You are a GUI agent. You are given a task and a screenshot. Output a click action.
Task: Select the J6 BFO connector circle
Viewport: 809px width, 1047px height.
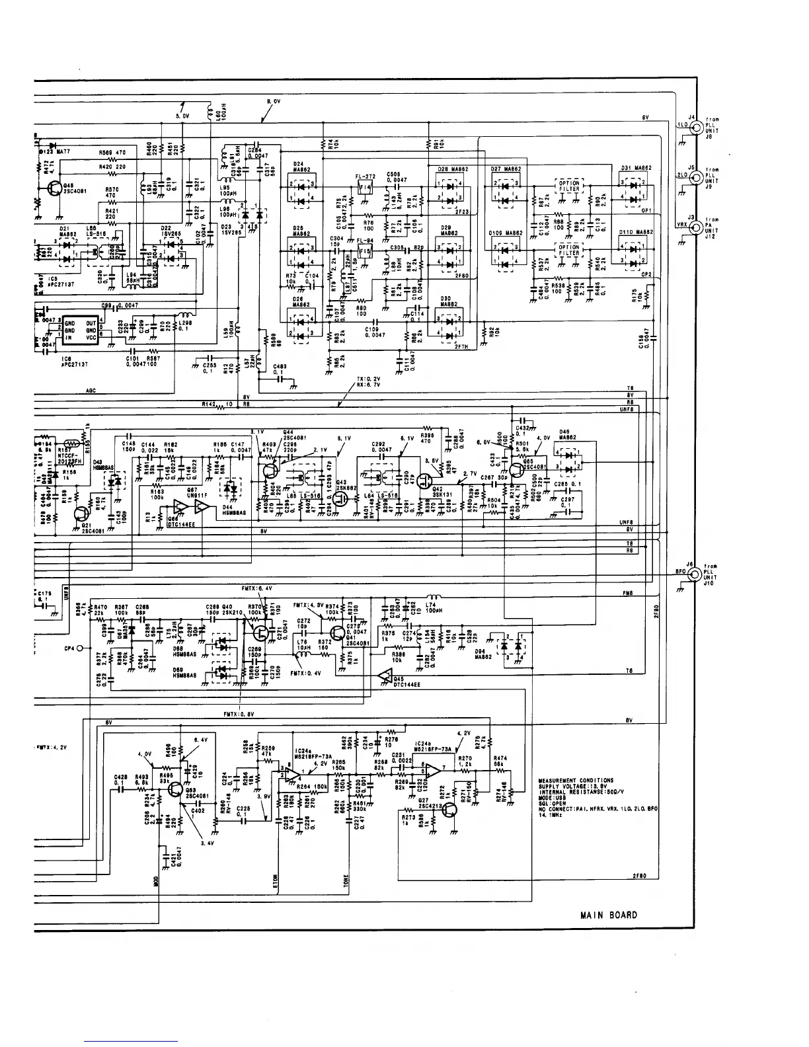[x=695, y=576]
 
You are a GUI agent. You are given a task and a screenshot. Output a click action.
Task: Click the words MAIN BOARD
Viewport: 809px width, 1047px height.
[x=609, y=915]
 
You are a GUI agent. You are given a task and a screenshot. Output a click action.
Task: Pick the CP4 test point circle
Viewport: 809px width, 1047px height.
[x=79, y=648]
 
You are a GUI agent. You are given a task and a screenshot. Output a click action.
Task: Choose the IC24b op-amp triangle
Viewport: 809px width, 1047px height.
[x=434, y=769]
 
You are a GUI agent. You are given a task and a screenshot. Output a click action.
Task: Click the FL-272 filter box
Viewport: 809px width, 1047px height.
[x=365, y=188]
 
